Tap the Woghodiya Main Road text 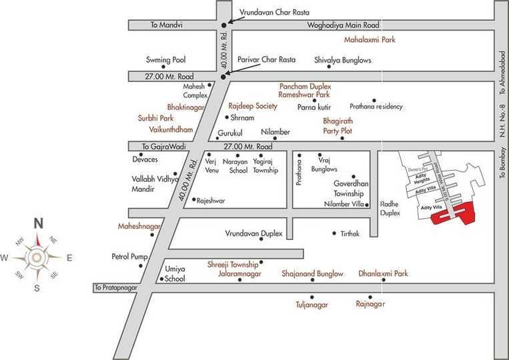tap(342, 25)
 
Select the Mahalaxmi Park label tap(371, 40)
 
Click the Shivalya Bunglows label tap(342, 60)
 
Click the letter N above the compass tap(39, 223)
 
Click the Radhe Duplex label tap(390, 209)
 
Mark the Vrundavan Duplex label tap(253, 234)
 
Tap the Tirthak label tap(350, 234)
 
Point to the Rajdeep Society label tap(252, 106)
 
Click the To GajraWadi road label tap(160, 146)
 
